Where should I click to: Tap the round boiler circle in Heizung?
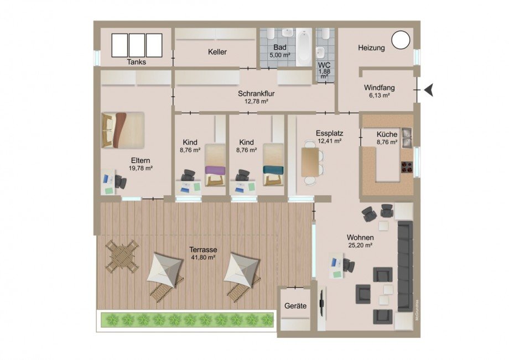[x=401, y=40]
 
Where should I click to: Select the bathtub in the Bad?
[x=304, y=46]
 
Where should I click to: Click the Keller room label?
[x=217, y=52]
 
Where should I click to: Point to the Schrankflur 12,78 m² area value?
[x=256, y=101]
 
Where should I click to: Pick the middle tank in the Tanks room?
[x=137, y=45]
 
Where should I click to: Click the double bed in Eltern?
[x=123, y=130]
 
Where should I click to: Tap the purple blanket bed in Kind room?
[x=215, y=165]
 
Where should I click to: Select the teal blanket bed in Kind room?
[x=273, y=165]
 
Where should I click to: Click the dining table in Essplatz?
[x=310, y=162]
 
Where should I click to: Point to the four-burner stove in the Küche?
[x=407, y=166]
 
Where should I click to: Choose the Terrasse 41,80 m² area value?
[x=203, y=258]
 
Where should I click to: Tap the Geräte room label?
[x=295, y=306]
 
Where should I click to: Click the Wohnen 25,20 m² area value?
[x=360, y=246]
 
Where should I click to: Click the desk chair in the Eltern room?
[x=120, y=181]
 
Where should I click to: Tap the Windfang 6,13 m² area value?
[x=379, y=95]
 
